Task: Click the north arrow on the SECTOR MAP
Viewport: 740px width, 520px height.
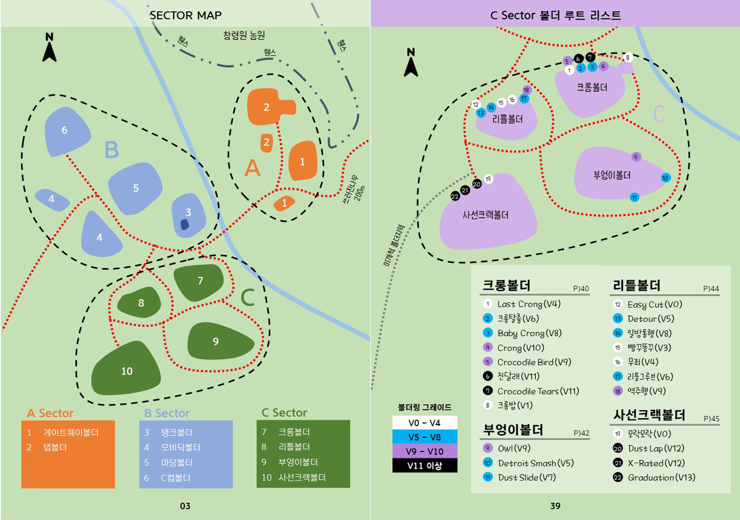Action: (x=49, y=48)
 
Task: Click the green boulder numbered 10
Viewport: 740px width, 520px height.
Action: (x=126, y=371)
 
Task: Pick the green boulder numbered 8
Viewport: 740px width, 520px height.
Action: (x=141, y=303)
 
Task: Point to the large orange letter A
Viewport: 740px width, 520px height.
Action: (x=252, y=168)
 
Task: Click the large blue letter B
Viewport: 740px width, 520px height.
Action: (x=111, y=150)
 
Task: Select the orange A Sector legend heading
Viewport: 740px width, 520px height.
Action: (x=50, y=413)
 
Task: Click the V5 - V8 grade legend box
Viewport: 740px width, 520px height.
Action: (x=424, y=437)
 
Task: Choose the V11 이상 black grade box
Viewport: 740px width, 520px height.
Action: (x=424, y=466)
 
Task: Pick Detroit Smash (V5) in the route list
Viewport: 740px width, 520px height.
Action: (x=535, y=463)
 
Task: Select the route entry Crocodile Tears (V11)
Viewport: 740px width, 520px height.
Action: (x=538, y=391)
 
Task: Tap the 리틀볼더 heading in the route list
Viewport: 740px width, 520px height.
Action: (x=636, y=286)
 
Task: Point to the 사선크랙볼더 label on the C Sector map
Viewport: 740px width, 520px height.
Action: (x=485, y=216)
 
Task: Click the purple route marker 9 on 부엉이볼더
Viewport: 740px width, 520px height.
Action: (x=636, y=156)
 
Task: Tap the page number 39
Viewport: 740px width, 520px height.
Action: (x=555, y=506)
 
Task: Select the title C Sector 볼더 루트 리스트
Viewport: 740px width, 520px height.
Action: (x=555, y=15)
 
